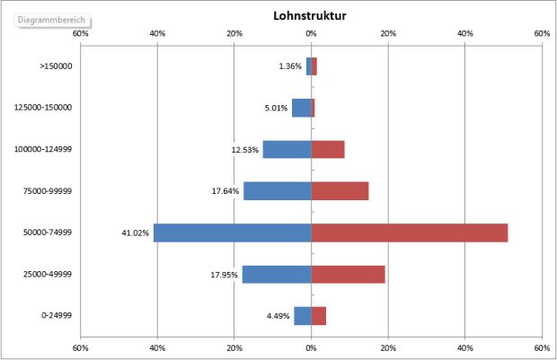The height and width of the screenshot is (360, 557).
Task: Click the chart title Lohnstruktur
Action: click(x=310, y=16)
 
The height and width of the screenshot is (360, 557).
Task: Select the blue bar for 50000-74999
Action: click(x=232, y=233)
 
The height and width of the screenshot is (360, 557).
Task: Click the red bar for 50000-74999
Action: click(x=409, y=233)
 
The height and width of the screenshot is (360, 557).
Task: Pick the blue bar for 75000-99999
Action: click(x=277, y=190)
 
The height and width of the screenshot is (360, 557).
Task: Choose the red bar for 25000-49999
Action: click(x=348, y=274)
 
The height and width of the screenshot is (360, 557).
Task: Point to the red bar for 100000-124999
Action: click(x=328, y=149)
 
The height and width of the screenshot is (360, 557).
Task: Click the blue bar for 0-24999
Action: click(x=303, y=315)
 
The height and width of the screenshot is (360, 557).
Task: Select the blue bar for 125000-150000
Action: click(x=301, y=108)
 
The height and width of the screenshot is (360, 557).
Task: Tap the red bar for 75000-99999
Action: click(x=340, y=190)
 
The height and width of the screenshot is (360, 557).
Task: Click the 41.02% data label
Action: click(x=135, y=233)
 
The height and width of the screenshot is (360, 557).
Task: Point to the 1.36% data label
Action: click(x=290, y=66)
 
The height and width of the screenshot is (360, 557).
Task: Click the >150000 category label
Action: click(x=56, y=66)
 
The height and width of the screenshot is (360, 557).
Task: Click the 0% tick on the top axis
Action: click(x=311, y=33)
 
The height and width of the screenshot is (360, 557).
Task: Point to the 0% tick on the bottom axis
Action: click(x=311, y=347)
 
